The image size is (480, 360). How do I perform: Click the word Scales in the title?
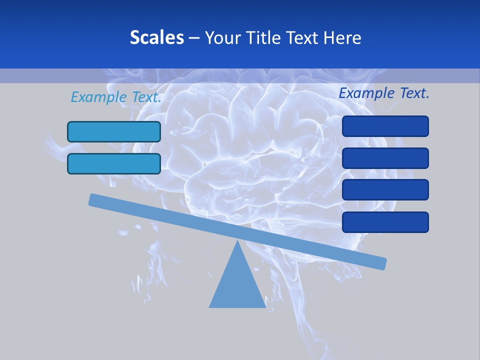(156, 37)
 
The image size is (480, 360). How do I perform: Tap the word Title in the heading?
(264, 37)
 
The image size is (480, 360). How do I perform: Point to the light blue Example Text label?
(116, 97)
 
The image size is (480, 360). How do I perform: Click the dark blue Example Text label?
(384, 93)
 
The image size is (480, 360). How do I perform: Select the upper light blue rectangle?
(114, 131)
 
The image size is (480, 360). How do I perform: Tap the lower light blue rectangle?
(114, 163)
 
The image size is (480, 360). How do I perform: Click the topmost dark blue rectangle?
(385, 126)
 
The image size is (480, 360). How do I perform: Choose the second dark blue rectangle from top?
(385, 158)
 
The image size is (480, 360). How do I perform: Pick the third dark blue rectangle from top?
(385, 190)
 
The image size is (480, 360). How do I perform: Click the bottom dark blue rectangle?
(385, 222)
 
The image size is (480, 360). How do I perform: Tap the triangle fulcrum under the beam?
(237, 285)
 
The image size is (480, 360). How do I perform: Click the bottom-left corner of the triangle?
(210, 306)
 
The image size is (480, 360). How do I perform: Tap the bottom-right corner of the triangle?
(265, 306)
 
